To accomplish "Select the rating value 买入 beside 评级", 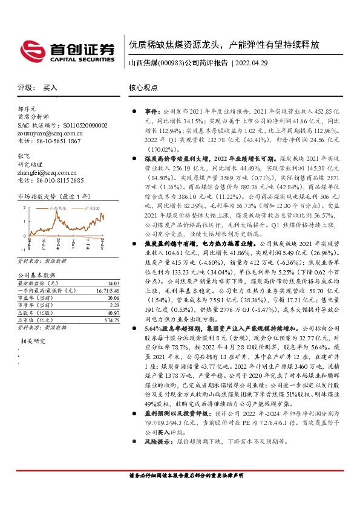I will coord(50,87).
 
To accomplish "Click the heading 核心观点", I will coord(143,87).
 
